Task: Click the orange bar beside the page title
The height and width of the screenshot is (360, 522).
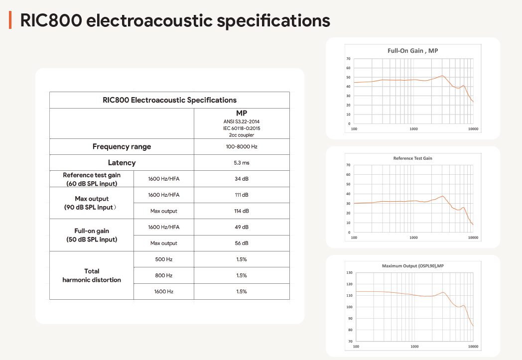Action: click(10, 21)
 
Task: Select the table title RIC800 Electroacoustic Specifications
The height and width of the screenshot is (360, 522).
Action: click(169, 100)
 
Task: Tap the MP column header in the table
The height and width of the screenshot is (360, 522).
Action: click(242, 114)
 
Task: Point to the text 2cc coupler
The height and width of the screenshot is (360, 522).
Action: click(242, 134)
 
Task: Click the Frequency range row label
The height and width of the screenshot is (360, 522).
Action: click(122, 146)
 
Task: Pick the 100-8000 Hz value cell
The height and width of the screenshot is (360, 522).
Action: click(242, 146)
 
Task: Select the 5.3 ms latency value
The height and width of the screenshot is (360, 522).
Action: click(242, 163)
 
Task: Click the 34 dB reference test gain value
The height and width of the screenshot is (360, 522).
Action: click(242, 179)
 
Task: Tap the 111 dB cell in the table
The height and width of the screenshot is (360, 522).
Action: click(242, 195)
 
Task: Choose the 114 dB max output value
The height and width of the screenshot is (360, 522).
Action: click(242, 211)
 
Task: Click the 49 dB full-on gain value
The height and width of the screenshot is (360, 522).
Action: click(242, 227)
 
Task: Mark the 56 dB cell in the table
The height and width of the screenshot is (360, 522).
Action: click(242, 243)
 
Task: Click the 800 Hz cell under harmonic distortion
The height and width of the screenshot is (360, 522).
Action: click(164, 275)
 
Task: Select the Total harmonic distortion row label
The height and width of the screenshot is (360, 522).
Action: click(92, 275)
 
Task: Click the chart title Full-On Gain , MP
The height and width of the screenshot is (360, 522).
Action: click(412, 51)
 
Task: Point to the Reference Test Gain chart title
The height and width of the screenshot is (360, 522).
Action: click(412, 158)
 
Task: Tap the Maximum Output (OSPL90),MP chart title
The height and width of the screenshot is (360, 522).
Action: click(412, 266)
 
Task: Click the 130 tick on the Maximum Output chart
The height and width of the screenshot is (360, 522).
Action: click(349, 273)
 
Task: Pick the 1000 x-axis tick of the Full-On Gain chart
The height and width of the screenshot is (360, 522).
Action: click(413, 129)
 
